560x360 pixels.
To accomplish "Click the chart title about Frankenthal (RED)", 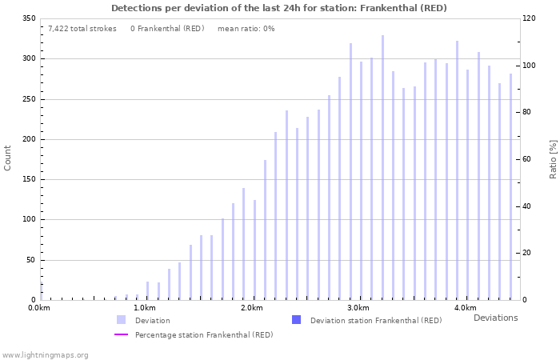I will click(x=279, y=8).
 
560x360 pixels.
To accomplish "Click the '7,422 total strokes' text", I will click(x=82, y=28).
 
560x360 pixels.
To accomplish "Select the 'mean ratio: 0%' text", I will click(x=246, y=28).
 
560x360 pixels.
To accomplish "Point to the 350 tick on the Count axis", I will click(x=28, y=18).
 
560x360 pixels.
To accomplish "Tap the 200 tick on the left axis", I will click(x=28, y=139).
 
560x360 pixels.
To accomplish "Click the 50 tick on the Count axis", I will click(x=30, y=260).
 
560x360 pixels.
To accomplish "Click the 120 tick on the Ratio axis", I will click(x=530, y=18).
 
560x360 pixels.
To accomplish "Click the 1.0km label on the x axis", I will click(x=145, y=308).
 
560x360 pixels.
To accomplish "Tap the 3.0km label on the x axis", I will click(x=358, y=308).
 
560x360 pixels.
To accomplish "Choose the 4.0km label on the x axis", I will click(x=465, y=308).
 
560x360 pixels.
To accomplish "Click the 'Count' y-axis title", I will click(x=8, y=158).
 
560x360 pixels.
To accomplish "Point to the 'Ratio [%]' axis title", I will click(x=553, y=158).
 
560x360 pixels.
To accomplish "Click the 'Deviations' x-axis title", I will click(x=495, y=318).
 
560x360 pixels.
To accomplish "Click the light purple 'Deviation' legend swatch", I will click(x=121, y=320).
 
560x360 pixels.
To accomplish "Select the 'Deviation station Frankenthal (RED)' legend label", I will click(x=375, y=321).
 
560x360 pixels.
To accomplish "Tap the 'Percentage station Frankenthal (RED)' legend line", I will click(x=121, y=334).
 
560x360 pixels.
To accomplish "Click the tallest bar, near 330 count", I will click(x=382, y=168).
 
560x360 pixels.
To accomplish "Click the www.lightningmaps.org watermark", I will click(x=45, y=354).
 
